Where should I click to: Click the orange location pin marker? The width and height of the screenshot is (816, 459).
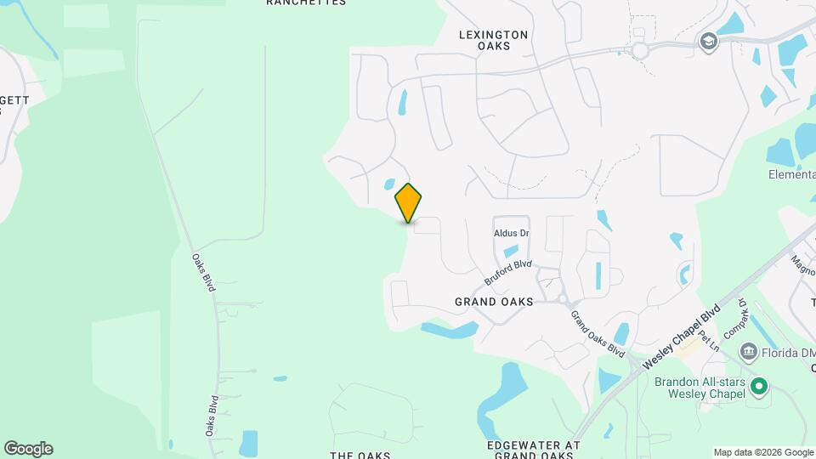coord(409,202)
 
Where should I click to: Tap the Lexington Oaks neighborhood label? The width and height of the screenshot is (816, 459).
coord(493,40)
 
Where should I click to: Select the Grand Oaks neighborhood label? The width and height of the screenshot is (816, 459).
coord(494,302)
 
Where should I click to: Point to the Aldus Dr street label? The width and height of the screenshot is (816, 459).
coord(512,233)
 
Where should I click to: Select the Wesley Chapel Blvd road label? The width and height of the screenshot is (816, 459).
coord(682,337)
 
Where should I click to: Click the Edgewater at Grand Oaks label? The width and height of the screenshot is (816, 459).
coord(534,450)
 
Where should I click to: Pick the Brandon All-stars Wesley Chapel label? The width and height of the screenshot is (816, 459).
coord(700,388)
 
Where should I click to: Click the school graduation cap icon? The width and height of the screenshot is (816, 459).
coord(706,40)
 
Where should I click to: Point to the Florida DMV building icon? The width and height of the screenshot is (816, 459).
coord(748,351)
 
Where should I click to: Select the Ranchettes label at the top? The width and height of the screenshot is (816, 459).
coord(306,3)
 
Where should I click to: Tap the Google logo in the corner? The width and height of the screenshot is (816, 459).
coord(28,449)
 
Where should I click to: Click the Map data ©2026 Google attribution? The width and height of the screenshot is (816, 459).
coord(763,452)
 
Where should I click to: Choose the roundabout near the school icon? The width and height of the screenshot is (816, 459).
coord(640,51)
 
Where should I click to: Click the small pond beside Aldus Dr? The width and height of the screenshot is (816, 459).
coord(510,251)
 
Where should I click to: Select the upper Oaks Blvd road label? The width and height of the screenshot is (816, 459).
coord(203,273)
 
